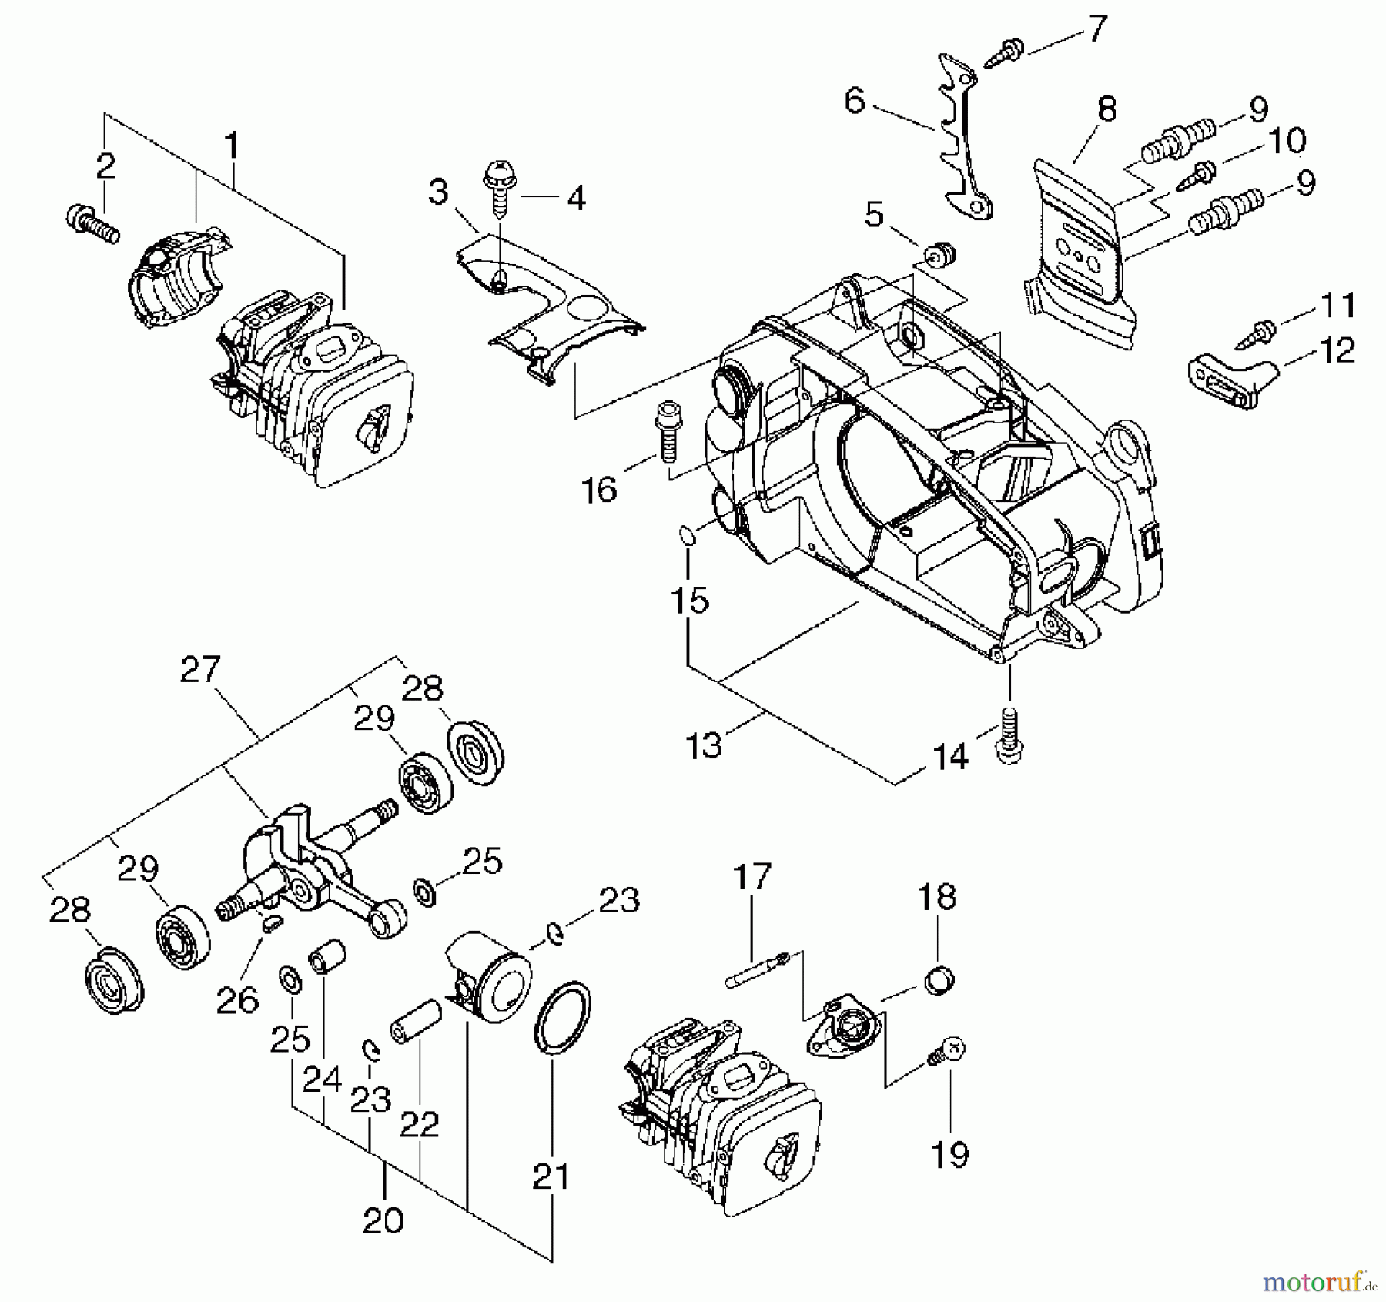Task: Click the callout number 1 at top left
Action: pos(231,146)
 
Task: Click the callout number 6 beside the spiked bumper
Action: pos(855,101)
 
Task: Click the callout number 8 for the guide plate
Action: pos(1107,109)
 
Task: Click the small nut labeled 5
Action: pos(939,253)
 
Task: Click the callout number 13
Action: pos(702,745)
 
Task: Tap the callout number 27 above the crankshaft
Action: pos(200,670)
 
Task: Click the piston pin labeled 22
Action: pos(416,1020)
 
